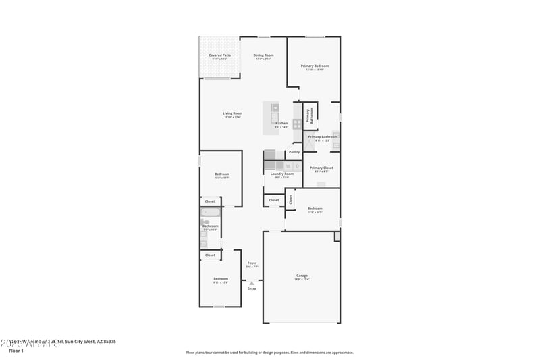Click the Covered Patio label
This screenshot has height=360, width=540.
point(219,55)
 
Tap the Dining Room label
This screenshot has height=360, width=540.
point(263,55)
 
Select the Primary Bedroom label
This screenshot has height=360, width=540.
point(315,66)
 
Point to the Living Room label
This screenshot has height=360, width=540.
point(232,113)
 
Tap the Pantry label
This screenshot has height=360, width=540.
point(294,152)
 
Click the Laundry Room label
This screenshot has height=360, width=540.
point(282,174)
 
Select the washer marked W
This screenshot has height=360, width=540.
point(288,165)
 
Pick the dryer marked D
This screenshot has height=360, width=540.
point(297,165)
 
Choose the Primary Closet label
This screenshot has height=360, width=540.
point(321,168)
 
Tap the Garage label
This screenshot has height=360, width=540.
point(302,276)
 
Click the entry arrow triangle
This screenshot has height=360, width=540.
point(252,283)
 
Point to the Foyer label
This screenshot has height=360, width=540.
point(252,263)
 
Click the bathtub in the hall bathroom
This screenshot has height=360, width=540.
point(210,213)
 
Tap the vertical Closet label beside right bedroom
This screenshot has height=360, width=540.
point(291,199)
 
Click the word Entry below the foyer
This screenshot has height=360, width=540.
point(252,288)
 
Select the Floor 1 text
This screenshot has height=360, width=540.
point(16,351)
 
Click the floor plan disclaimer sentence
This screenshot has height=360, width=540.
point(269,352)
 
